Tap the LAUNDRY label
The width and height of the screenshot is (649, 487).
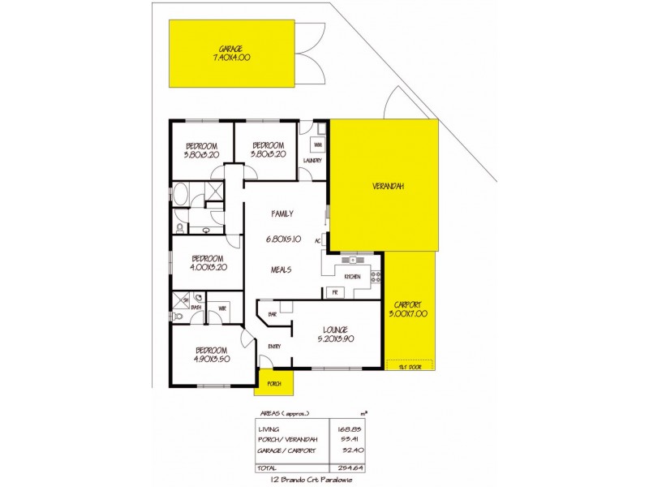312,161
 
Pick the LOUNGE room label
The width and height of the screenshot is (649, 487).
335,329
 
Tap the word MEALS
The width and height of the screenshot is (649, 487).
281,270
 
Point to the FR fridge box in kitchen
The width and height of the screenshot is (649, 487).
332,291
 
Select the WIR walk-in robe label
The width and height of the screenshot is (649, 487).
221,308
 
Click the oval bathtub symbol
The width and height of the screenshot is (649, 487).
180,195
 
